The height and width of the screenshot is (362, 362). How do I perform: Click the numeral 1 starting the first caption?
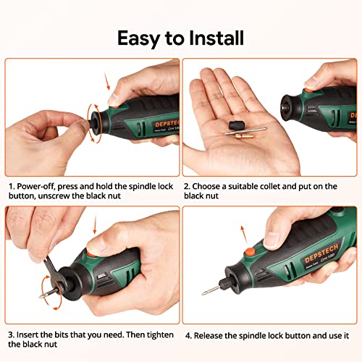pos(11,186)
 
